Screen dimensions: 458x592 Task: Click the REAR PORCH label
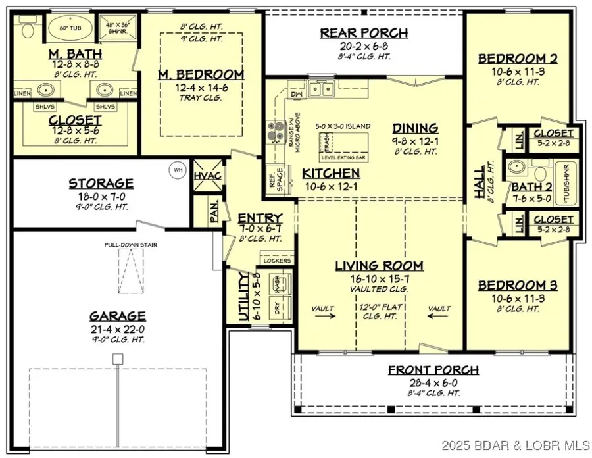click(x=364, y=33)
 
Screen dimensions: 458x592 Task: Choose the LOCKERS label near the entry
click(x=277, y=261)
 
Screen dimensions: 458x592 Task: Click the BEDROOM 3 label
click(x=518, y=285)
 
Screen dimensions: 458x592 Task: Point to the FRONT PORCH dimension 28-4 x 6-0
click(x=433, y=382)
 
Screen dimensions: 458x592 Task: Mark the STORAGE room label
click(x=101, y=184)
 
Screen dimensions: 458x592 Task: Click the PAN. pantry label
click(x=214, y=215)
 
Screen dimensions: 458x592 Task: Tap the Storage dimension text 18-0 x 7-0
click(x=101, y=196)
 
